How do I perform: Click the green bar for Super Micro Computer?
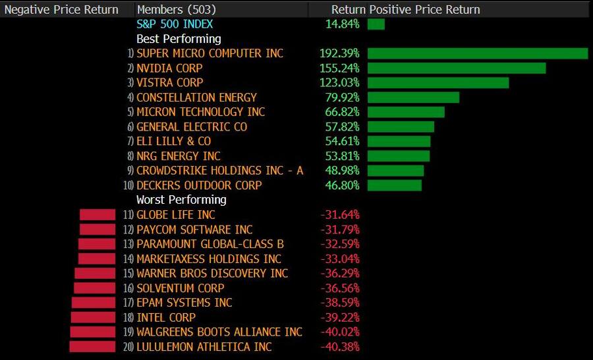477,53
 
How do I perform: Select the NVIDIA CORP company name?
169,68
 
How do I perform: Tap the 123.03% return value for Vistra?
339,82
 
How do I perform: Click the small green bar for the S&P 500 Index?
376,24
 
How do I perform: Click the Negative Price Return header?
61,9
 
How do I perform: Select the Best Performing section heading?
179,39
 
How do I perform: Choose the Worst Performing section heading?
181,200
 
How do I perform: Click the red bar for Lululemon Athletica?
92,347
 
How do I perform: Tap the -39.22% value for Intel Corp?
339,317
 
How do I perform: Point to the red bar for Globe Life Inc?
98,214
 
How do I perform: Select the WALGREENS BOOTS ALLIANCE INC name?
219,332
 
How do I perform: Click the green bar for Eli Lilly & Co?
399,141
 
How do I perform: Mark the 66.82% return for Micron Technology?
342,112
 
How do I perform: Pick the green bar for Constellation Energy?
413,98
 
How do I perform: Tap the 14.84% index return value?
342,24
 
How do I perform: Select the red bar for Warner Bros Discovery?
95,273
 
